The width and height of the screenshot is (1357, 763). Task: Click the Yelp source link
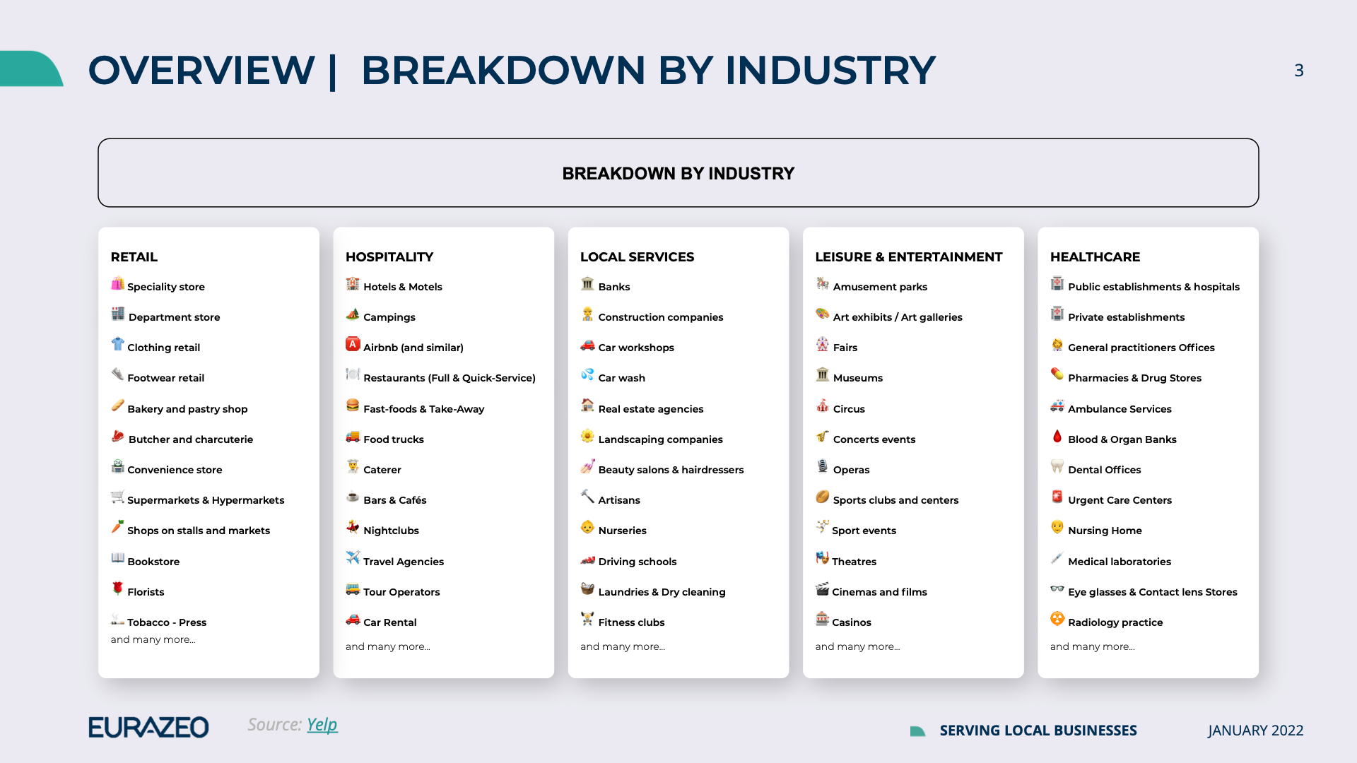click(322, 725)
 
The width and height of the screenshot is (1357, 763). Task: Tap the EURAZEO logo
click(148, 727)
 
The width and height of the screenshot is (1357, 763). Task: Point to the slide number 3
click(1298, 71)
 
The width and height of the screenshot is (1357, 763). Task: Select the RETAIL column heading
click(134, 257)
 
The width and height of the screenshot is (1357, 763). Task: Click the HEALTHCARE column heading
click(1095, 257)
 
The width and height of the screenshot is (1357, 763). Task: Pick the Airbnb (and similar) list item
click(413, 348)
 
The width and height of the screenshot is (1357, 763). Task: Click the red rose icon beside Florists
click(117, 588)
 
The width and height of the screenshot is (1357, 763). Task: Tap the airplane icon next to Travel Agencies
click(353, 557)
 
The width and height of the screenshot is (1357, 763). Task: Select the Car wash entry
click(621, 378)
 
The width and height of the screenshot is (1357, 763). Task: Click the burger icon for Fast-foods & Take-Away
click(353, 406)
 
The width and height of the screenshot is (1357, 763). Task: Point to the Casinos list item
click(851, 622)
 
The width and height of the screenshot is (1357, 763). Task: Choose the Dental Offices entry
click(1104, 470)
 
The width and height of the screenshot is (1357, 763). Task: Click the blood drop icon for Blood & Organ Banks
click(1057, 437)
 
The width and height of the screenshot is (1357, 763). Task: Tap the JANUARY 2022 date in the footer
click(1255, 731)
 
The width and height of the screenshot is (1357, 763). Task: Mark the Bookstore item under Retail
click(153, 562)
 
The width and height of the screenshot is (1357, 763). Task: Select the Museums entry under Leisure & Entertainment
click(857, 378)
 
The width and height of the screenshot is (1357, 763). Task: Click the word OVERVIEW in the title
click(201, 71)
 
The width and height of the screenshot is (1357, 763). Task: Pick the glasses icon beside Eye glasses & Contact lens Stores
click(1057, 588)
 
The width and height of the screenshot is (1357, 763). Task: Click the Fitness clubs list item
click(631, 622)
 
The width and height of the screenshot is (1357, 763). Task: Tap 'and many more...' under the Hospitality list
click(387, 646)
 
